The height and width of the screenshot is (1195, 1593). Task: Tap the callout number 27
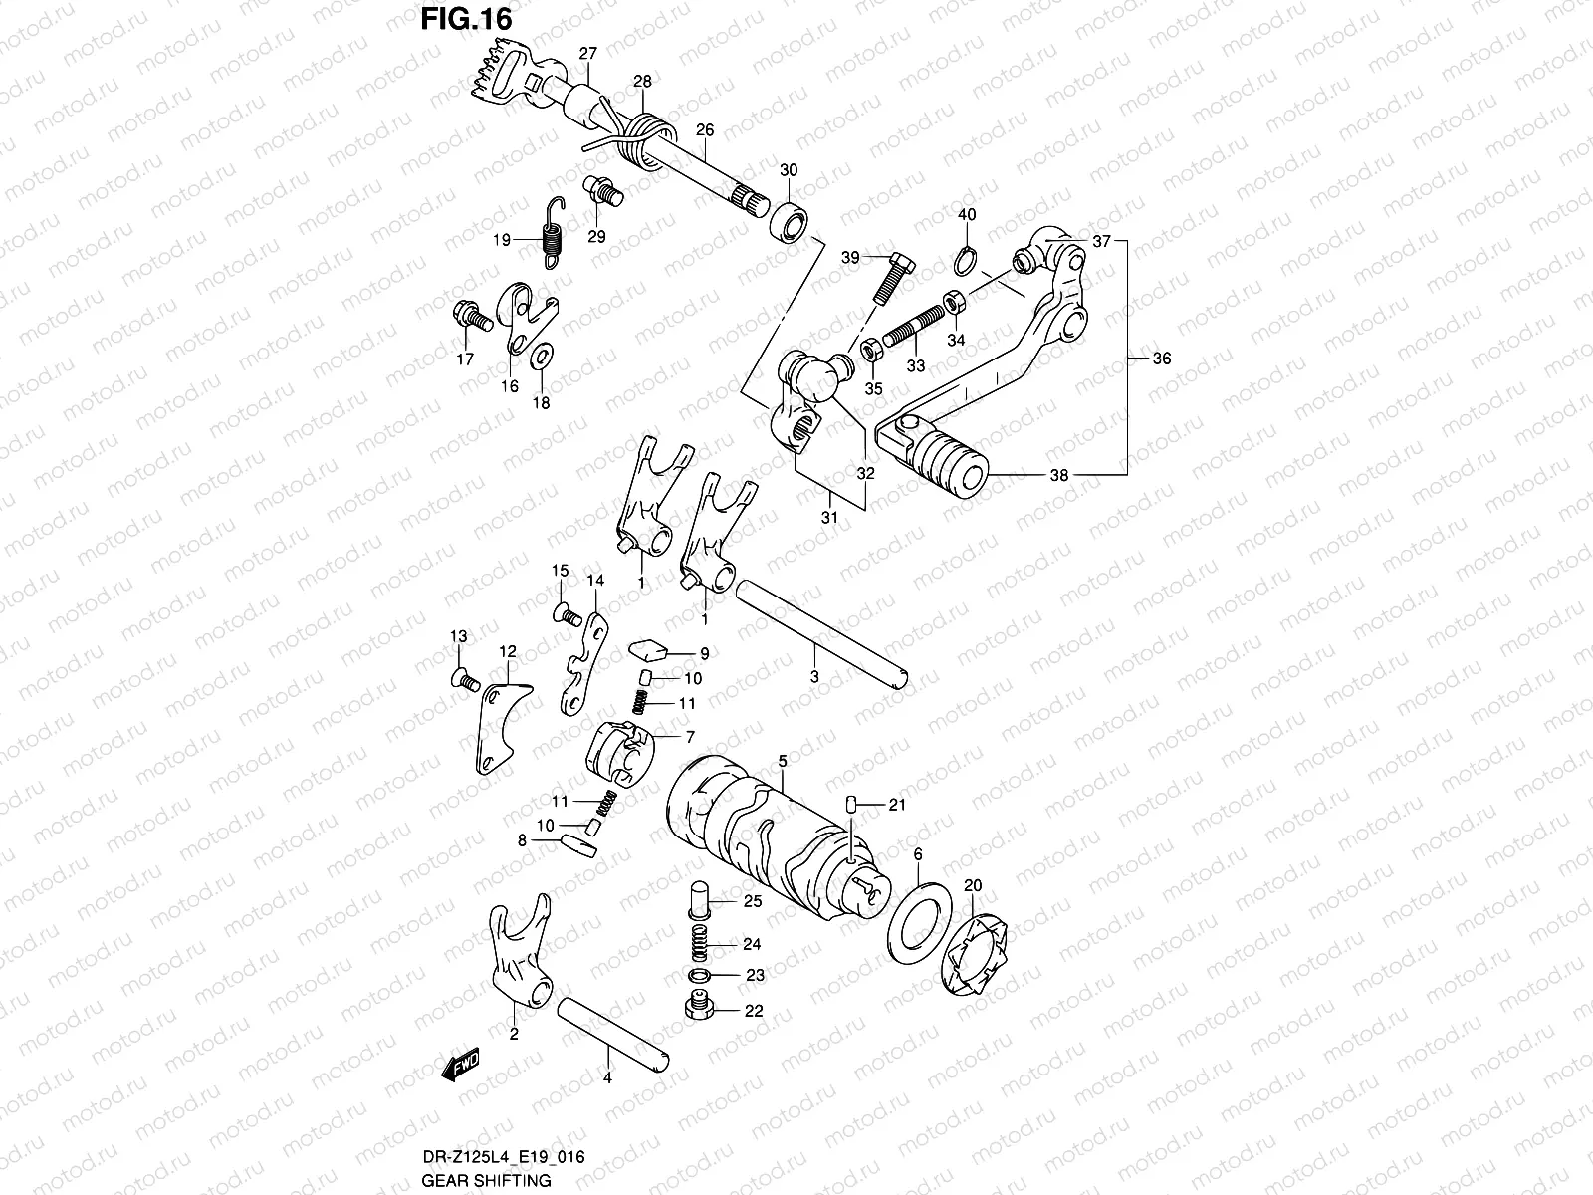[587, 53]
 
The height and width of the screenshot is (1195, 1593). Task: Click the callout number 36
[1161, 359]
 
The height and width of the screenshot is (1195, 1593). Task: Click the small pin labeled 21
[852, 805]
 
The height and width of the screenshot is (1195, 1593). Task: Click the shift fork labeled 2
[521, 956]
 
